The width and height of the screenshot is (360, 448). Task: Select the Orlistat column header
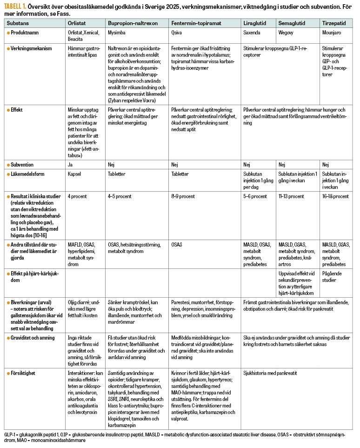(76, 23)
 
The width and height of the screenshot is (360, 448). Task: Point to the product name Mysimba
(117, 33)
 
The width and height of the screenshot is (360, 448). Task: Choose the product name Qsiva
(177, 33)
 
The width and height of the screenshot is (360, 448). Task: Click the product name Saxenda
(252, 33)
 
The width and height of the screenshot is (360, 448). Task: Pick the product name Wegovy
(286, 33)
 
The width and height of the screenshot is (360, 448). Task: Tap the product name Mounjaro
(331, 33)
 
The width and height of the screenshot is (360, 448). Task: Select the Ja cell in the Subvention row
(70, 165)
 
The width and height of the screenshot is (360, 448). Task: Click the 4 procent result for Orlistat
(77, 196)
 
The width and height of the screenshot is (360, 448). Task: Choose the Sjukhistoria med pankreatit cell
(270, 373)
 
